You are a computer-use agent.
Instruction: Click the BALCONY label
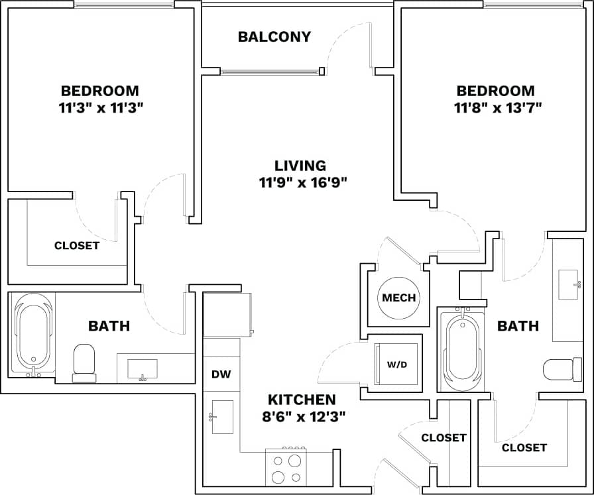pyautogui.click(x=274, y=37)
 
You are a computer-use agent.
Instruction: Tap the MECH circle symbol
pyautogui.click(x=399, y=298)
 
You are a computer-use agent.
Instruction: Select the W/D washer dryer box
pyautogui.click(x=396, y=364)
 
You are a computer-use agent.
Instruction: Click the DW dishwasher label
pyautogui.click(x=221, y=374)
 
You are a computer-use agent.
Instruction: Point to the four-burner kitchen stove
pyautogui.click(x=286, y=467)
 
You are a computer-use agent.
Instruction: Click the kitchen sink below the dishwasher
pyautogui.click(x=222, y=417)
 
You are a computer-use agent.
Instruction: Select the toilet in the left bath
pyautogui.click(x=84, y=362)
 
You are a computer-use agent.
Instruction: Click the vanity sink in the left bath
pyautogui.click(x=142, y=368)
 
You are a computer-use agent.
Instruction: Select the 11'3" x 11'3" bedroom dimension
pyautogui.click(x=100, y=108)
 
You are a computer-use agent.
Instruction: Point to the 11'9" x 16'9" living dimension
pyautogui.click(x=303, y=183)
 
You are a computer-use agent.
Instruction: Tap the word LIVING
pyautogui.click(x=300, y=166)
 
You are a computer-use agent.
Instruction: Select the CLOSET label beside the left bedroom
pyautogui.click(x=77, y=246)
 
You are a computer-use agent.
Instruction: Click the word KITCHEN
pyautogui.click(x=302, y=400)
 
